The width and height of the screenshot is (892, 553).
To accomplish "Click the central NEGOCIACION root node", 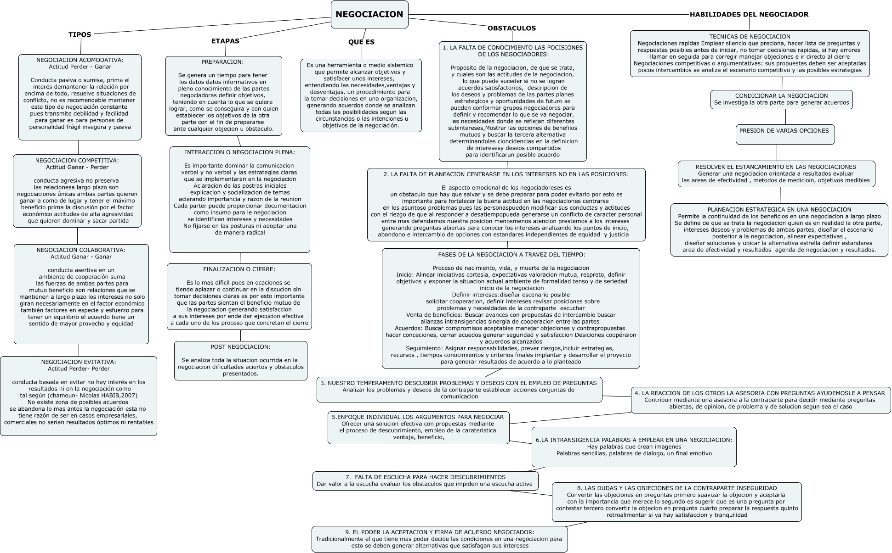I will tap(369, 14).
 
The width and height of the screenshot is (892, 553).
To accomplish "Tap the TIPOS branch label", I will tap(80, 34).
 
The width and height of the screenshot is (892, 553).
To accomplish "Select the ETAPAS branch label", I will tap(225, 41).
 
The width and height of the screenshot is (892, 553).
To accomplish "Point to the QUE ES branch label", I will tap(361, 42).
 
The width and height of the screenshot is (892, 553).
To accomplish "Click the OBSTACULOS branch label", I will tap(511, 28).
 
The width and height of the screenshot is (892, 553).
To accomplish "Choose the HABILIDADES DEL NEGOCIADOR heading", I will tap(749, 14).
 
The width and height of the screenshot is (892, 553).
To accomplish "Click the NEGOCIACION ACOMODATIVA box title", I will tap(80, 60).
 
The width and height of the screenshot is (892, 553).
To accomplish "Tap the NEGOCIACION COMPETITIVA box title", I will tap(77, 161).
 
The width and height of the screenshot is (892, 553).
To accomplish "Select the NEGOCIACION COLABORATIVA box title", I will tap(81, 250).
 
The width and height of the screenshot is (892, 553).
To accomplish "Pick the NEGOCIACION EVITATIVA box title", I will tap(79, 362).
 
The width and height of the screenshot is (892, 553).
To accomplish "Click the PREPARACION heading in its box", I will tap(222, 62).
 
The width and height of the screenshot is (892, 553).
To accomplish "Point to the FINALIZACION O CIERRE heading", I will tap(239, 269).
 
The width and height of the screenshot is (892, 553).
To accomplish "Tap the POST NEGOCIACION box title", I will tap(240, 347).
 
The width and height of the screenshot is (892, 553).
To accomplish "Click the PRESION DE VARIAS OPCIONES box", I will tap(784, 131).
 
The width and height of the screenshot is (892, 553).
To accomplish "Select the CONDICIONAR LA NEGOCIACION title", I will tap(781, 96).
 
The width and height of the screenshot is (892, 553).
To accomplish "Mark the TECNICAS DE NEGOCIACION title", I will tap(750, 37).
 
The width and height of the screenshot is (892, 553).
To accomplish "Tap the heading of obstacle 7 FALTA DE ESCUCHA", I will tap(425, 477).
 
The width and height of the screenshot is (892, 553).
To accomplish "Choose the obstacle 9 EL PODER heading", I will tap(439, 532).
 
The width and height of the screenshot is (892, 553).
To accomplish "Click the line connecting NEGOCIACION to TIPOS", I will tap(211, 25).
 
